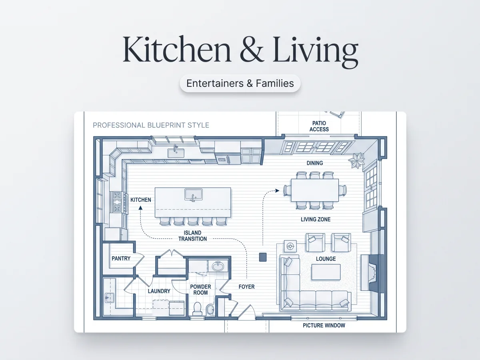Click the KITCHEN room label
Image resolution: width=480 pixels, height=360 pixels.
coord(141,200)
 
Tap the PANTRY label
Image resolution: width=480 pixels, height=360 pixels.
coord(121,258)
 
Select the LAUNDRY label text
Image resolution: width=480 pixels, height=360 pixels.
coord(159,291)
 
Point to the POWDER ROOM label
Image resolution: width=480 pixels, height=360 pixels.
coord(200,290)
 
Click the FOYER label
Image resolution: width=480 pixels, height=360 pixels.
coord(246,287)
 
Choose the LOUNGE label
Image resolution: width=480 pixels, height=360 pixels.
coord(326,259)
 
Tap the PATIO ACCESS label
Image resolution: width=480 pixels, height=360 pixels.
coord(319,126)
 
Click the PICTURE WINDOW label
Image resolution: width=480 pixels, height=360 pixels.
coord(324,326)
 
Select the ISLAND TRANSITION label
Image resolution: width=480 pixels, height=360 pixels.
coord(192,236)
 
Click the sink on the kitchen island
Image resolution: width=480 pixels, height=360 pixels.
coord(194,194)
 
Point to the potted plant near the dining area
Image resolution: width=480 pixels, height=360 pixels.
coord(356,160)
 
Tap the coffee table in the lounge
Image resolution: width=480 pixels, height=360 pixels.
coord(326,272)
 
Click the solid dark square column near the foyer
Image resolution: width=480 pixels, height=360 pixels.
coord(263,257)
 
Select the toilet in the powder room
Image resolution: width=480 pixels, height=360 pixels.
coord(198,308)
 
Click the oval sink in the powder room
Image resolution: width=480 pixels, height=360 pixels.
coord(218,266)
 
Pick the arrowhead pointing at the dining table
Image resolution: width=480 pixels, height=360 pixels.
coord(277,191)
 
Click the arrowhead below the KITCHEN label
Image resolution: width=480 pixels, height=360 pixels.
coord(140,208)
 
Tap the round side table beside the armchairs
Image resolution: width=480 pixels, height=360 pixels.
coord(290,246)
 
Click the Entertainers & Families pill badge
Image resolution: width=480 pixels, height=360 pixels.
coord(240,83)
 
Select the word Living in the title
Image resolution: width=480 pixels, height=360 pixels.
coord(315,51)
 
